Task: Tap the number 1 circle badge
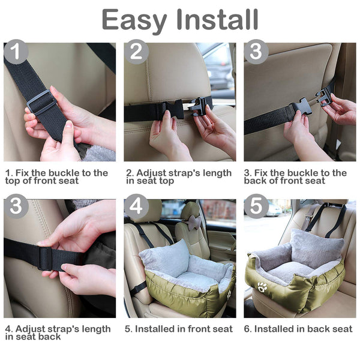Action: click(16, 53)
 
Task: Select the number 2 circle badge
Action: click(136, 53)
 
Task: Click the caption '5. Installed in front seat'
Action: click(179, 329)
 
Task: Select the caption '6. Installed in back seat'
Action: click(298, 329)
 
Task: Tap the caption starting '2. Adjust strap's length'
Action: click(178, 177)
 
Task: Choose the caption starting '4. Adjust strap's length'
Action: click(58, 333)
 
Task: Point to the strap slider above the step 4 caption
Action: click(45, 258)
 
